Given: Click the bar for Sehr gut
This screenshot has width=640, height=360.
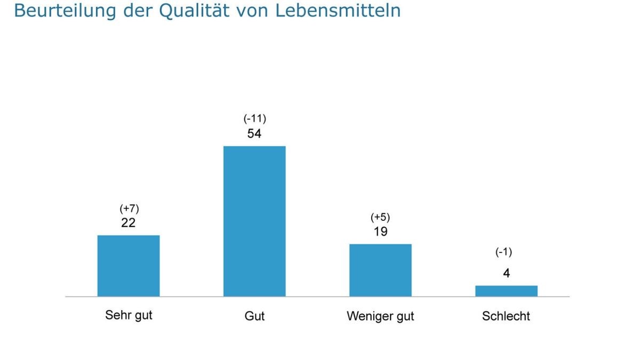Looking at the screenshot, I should tap(129, 266).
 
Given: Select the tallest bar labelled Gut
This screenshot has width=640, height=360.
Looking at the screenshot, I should tap(254, 221).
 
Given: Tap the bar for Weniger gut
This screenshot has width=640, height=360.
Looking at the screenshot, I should tap(380, 270).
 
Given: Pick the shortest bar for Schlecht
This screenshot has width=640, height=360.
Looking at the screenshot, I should tap(506, 291).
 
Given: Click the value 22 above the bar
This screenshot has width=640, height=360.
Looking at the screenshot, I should tap(129, 223).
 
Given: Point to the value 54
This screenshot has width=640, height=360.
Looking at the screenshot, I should tap(254, 134).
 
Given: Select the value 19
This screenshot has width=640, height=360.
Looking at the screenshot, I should tap(380, 232).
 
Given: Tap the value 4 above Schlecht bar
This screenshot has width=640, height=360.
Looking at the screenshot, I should tap(506, 274).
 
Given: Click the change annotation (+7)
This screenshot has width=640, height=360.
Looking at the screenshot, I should tap(129, 209).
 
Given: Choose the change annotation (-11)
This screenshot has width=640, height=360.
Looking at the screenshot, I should tap(254, 119).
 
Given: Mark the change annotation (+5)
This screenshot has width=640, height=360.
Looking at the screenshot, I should tap(380, 217).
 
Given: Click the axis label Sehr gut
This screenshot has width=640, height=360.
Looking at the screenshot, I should tap(129, 315).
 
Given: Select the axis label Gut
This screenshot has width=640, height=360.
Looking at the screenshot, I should tap(254, 316).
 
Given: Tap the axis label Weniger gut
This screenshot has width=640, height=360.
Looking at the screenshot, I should tap(380, 316).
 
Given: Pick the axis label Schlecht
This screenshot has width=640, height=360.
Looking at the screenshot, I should tap(506, 316).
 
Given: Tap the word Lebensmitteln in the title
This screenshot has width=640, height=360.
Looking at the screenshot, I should tap(338, 10).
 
